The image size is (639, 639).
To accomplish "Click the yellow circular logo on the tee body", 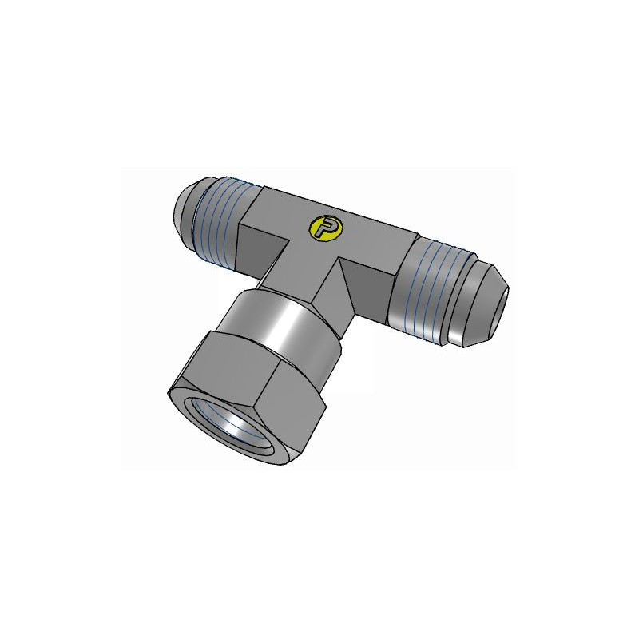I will [324, 228].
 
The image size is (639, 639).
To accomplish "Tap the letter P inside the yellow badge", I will [324, 228].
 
